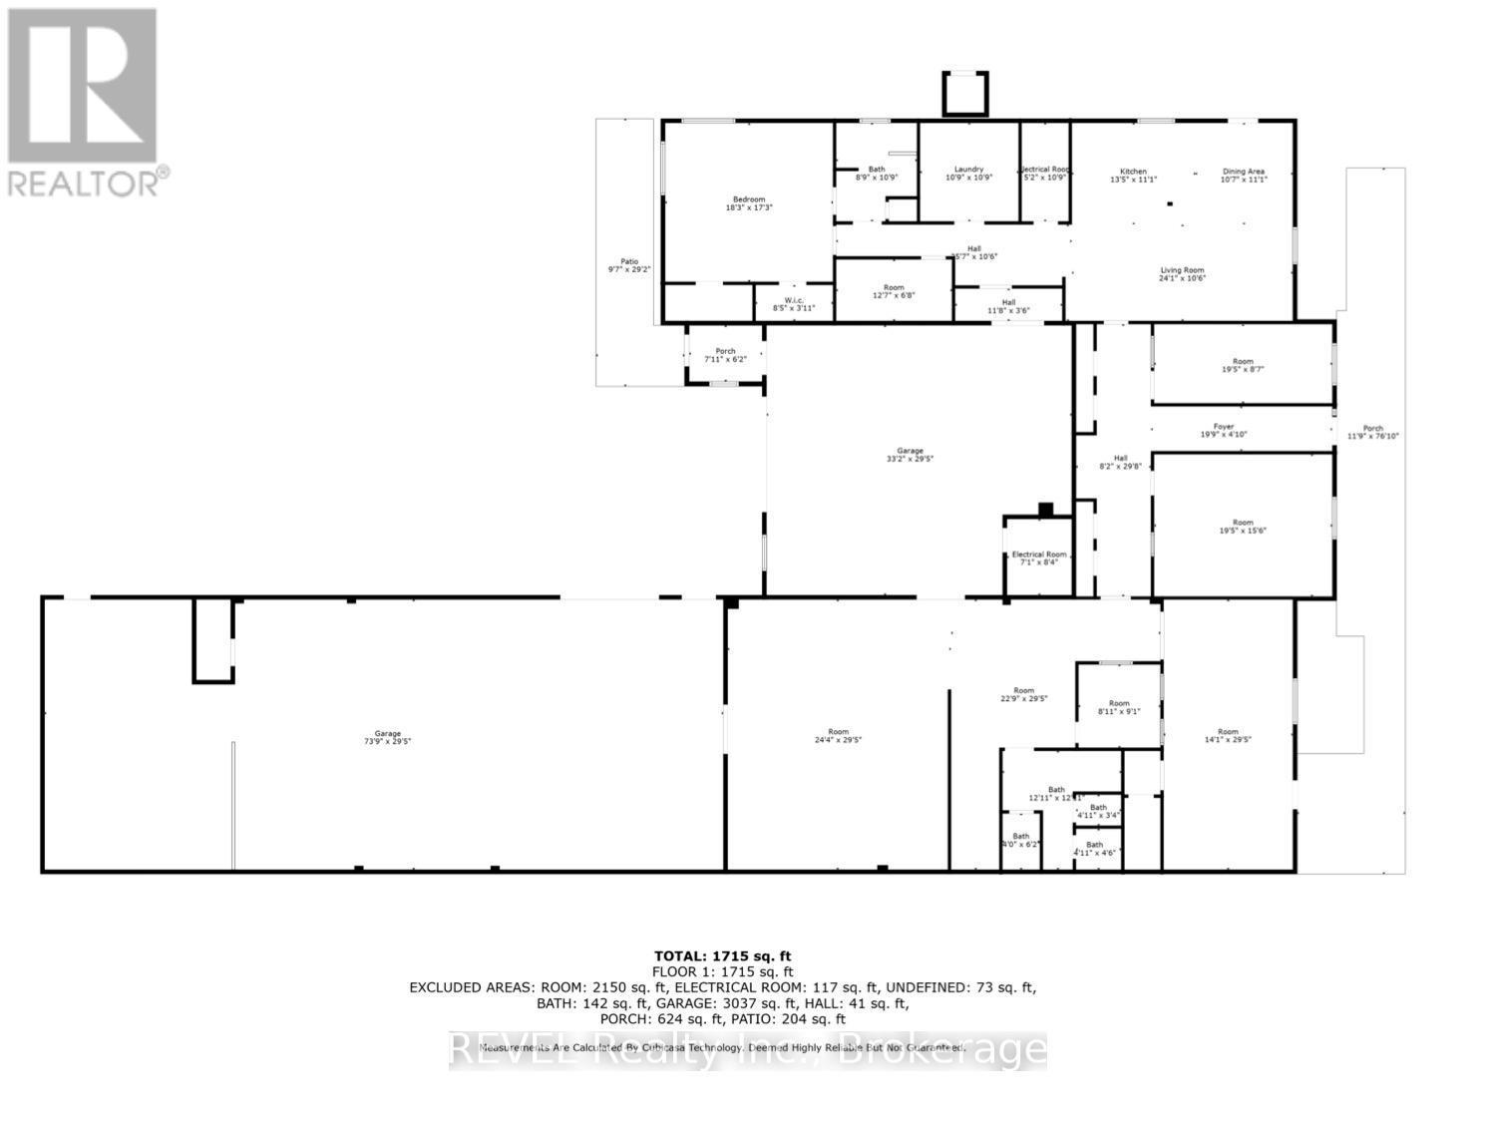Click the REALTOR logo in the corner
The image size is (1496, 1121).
85,100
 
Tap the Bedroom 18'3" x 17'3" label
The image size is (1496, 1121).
748,203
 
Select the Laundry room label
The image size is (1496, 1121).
968,174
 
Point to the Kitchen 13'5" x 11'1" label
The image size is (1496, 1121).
1133,176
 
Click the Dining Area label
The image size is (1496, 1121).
1244,176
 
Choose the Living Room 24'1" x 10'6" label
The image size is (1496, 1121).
1182,274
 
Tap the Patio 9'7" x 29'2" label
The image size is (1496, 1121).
628,265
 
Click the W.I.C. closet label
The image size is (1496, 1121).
794,304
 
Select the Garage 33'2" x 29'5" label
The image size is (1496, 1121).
910,455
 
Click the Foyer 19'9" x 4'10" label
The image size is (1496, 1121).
1223,430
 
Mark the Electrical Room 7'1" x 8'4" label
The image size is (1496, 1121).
1039,558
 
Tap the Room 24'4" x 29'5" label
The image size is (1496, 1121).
838,735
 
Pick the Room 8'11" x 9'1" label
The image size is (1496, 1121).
1119,707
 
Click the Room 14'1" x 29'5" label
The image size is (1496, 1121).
1227,735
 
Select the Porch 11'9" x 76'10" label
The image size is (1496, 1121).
1373,432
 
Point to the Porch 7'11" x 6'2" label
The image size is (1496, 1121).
725,354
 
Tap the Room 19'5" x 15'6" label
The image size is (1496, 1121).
1242,527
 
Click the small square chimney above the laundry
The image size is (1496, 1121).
965,95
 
